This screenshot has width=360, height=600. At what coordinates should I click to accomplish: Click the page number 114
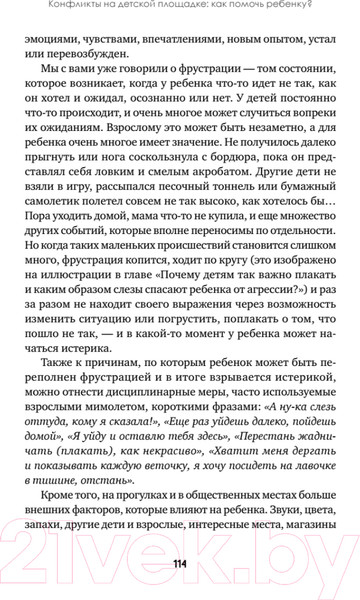[x=180, y=560]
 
